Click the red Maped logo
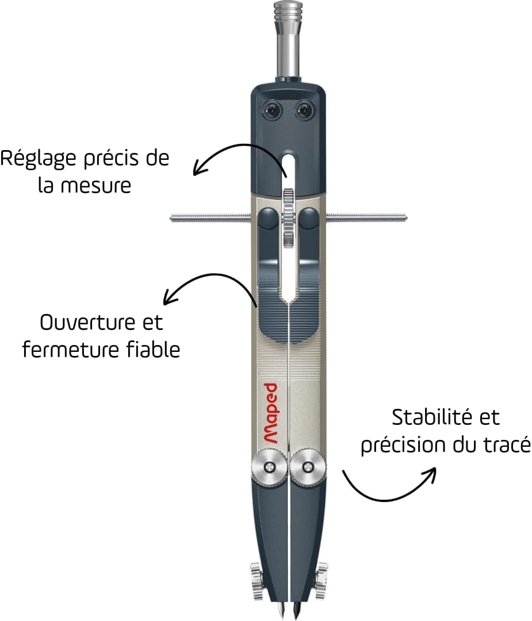pyautogui.click(x=271, y=413)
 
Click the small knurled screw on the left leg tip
pyautogui.click(x=257, y=573)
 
